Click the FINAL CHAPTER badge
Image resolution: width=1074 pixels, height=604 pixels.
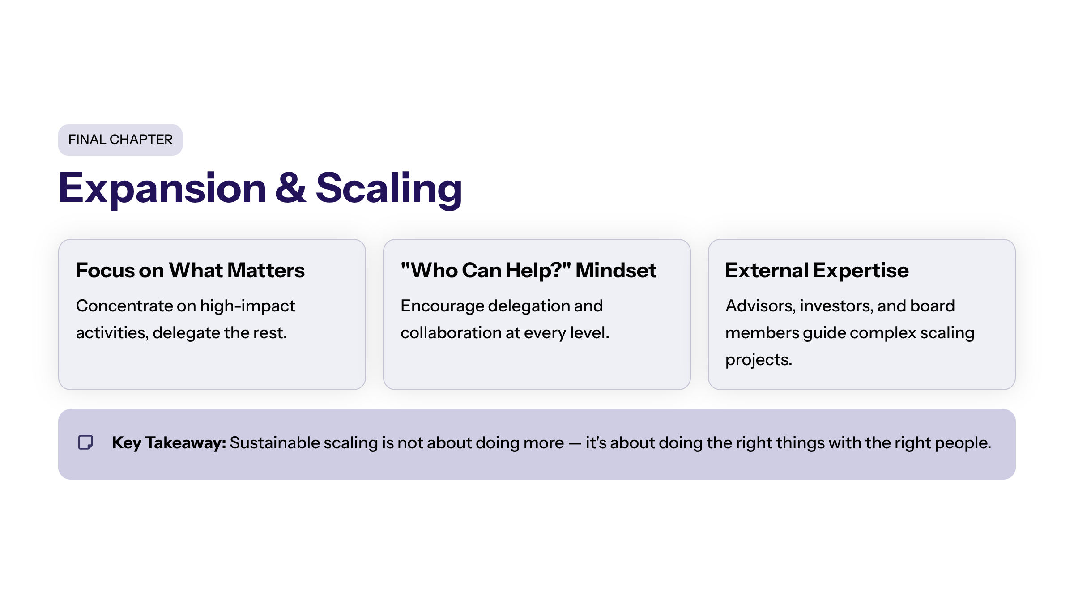pos(120,140)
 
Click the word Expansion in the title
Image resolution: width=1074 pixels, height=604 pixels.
pos(162,188)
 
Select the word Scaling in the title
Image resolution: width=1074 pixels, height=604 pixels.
pos(388,188)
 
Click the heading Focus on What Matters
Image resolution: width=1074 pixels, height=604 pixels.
pos(190,270)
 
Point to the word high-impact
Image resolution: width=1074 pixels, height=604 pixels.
pos(247,306)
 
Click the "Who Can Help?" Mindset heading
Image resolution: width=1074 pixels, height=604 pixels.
pos(528,270)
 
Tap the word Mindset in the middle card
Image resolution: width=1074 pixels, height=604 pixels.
pos(616,270)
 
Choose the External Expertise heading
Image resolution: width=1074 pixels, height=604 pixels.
pos(817,270)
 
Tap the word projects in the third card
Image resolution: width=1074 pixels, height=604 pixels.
pos(758,360)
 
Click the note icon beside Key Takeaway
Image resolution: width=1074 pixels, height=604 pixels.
pos(85,442)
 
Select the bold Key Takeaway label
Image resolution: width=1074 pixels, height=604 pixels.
pos(169,443)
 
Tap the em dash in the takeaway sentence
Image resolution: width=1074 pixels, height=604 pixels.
pos(575,443)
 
